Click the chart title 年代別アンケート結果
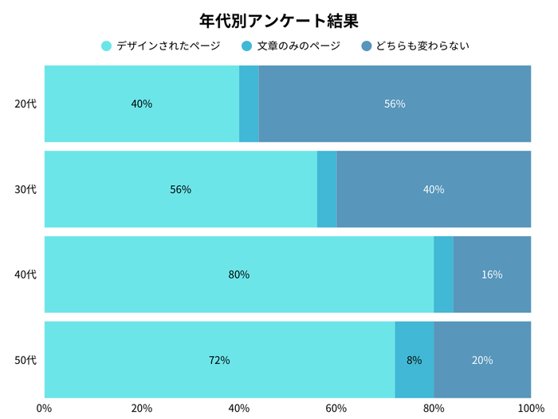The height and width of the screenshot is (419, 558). point(279,20)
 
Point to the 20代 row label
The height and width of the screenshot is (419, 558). point(26,104)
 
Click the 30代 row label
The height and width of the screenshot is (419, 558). point(26,189)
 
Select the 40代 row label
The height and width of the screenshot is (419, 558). point(26,275)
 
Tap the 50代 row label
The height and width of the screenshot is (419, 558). point(26,360)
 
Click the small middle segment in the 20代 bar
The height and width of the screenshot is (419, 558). point(249,104)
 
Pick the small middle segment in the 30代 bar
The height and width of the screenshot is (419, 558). point(327,189)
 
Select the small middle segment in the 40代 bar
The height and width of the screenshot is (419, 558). point(443,275)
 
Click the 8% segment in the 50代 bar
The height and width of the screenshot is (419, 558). point(415,360)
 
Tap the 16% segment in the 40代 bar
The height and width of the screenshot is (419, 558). point(492,275)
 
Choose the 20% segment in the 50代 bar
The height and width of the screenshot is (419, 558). point(482,360)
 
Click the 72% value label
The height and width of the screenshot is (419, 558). point(219,360)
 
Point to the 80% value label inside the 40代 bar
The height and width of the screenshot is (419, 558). point(239,275)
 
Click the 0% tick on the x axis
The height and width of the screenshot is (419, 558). point(45,409)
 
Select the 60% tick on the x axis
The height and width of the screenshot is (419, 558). point(336,409)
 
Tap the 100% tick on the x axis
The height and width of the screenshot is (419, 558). point(530,409)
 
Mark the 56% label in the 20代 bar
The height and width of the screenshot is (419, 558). point(395,104)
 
